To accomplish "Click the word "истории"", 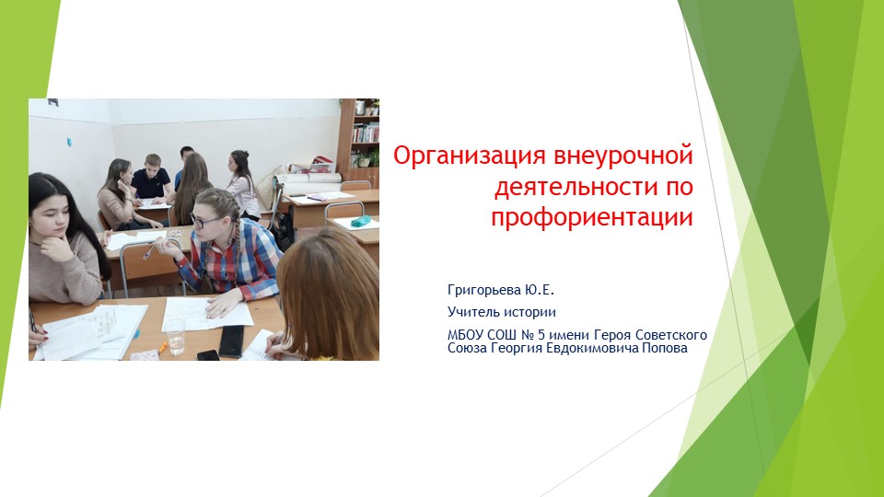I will coord(528,312).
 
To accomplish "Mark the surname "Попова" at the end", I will coord(665,348).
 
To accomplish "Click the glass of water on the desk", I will coord(175,337).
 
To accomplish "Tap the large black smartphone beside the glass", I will coord(231,340).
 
